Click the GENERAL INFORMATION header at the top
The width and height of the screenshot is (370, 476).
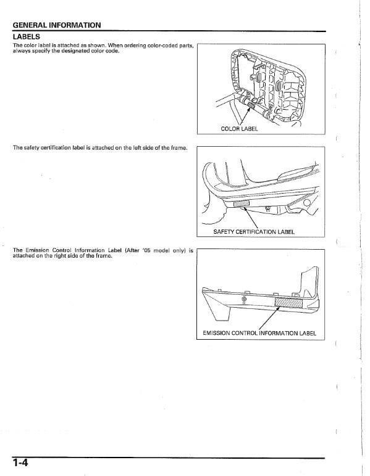57,25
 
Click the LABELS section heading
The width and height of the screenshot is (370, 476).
26,36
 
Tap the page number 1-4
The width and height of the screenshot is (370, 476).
21,462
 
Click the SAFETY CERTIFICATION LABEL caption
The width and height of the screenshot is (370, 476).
253,232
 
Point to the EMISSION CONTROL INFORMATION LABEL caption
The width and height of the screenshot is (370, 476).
259,334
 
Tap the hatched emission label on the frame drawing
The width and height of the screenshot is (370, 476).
287,302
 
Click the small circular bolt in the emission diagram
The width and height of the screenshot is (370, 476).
244,299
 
